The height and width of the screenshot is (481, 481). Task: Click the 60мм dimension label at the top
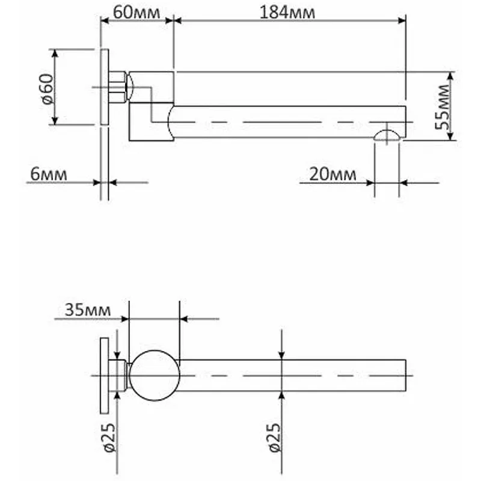coord(136,13)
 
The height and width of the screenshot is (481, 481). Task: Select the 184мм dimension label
coord(287,13)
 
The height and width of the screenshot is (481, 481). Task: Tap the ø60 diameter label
coord(47,89)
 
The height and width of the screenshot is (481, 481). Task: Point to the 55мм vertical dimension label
coord(443,107)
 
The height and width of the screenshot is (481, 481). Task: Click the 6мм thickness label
coord(49,174)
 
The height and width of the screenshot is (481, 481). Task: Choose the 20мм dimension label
coord(332,174)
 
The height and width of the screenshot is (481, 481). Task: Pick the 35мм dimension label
coord(87,310)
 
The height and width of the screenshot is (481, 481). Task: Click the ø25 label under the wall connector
coord(109,438)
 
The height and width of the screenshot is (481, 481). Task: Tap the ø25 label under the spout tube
coord(275,438)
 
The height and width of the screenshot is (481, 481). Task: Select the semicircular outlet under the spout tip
coord(387,135)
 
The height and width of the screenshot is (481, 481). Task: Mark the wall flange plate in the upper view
coord(105,87)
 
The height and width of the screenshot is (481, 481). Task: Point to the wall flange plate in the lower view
coord(105,376)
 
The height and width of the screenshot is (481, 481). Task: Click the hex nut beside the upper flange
coord(117,87)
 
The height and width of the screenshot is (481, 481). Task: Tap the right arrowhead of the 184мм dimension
coord(402,20)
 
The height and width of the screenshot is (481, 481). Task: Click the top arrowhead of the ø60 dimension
coord(55,53)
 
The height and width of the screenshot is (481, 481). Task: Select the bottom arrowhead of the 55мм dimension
coord(450,136)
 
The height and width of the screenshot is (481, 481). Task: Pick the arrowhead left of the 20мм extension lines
coord(370,183)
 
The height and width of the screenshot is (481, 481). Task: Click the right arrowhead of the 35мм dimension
coord(184,319)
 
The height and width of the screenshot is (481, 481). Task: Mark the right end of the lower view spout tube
coord(406,375)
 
